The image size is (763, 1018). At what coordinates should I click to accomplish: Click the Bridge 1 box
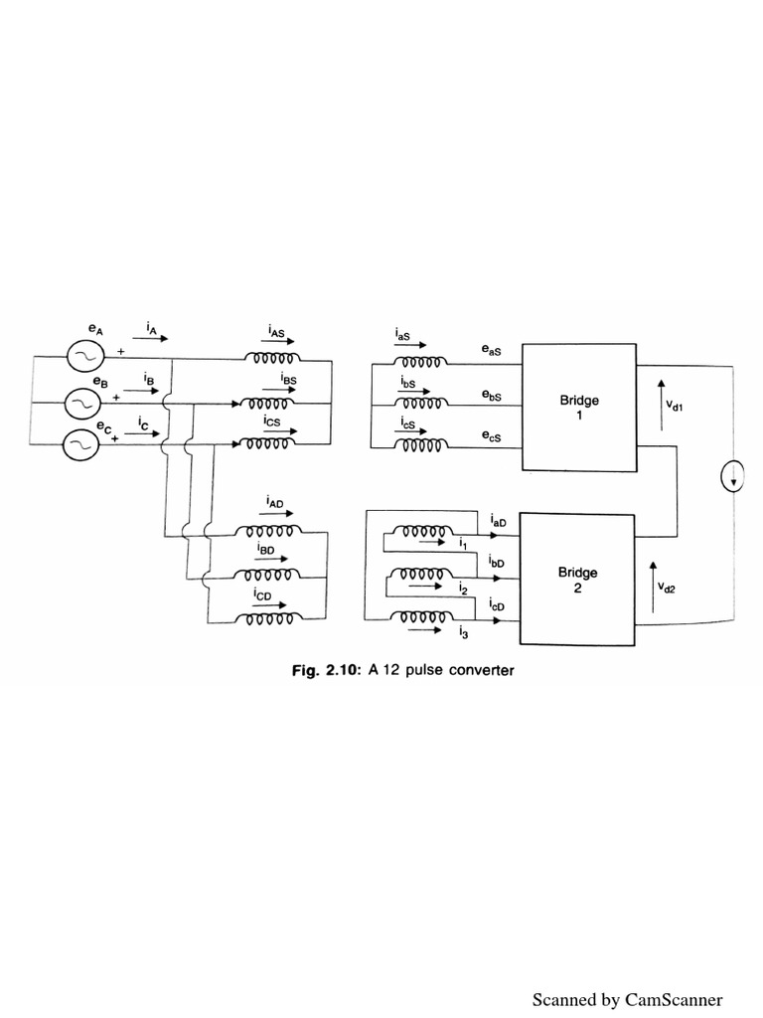click(579, 407)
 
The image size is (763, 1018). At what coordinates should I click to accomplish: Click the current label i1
click(464, 545)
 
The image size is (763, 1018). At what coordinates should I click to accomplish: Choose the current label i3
click(464, 631)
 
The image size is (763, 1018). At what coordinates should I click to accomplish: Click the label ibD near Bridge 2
click(497, 563)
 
